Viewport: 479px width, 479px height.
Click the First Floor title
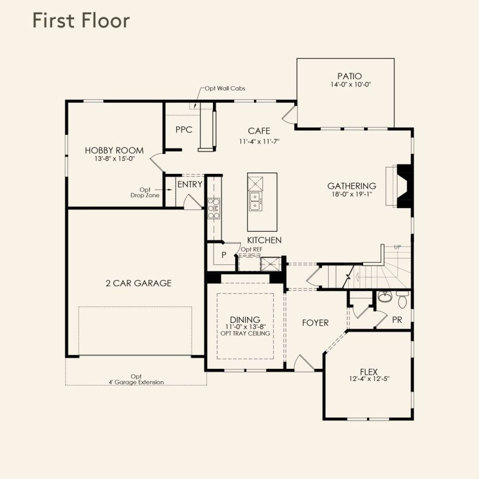(81, 21)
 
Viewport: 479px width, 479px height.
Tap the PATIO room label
(349, 76)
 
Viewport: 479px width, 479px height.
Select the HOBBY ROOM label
(114, 150)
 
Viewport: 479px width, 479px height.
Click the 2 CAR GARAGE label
(139, 283)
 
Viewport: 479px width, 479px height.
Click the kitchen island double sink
(255, 201)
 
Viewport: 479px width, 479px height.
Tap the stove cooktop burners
(214, 208)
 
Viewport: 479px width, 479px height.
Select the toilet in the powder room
(402, 299)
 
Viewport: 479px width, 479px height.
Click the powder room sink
(385, 297)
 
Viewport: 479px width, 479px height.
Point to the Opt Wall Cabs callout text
(225, 88)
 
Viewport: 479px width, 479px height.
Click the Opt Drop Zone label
(145, 192)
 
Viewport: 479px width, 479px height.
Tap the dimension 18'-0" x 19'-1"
(352, 194)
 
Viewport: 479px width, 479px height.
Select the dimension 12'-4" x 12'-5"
(369, 379)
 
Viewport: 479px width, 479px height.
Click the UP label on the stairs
(398, 247)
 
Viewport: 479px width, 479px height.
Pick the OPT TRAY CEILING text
(246, 333)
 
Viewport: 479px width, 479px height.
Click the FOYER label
(316, 323)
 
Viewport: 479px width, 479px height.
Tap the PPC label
(184, 130)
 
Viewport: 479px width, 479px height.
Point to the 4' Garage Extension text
(137, 382)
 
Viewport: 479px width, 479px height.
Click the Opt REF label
(251, 250)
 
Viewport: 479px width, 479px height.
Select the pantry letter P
(224, 255)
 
